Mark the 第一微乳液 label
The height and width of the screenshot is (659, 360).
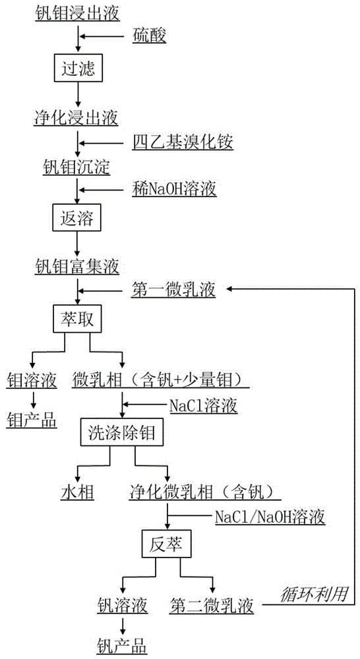(x=173, y=289)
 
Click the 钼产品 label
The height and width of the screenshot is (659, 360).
(x=32, y=418)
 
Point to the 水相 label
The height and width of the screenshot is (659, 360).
(x=78, y=492)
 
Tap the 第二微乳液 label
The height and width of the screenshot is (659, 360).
(x=211, y=604)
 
